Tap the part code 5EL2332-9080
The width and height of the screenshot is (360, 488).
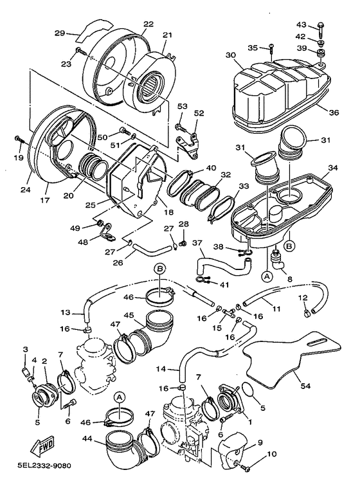44,466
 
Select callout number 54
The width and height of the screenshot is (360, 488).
305,386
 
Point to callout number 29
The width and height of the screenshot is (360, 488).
60,33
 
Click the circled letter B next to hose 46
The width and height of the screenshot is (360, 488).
160,269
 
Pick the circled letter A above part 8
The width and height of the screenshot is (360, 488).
266,276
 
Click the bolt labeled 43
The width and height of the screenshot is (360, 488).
321,30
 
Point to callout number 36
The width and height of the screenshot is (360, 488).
334,113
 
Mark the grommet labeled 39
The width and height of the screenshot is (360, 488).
320,53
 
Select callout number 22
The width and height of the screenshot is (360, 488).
148,24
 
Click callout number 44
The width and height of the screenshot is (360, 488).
89,439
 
